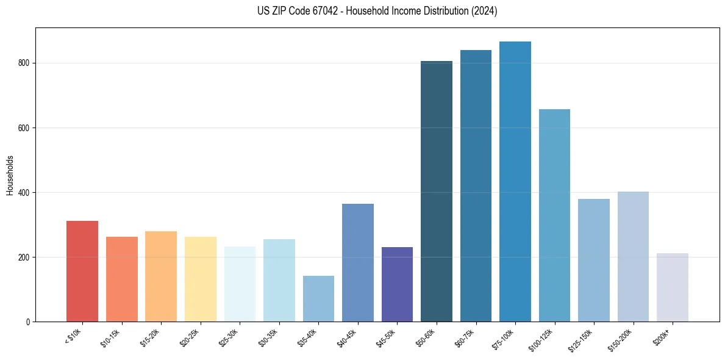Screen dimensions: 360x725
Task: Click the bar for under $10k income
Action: click(82, 271)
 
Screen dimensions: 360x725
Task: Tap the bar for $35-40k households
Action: click(318, 298)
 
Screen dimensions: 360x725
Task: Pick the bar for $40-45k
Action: click(358, 262)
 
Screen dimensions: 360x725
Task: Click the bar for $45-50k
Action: click(397, 284)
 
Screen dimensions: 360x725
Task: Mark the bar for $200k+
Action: click(673, 287)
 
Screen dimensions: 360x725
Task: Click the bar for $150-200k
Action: click(633, 256)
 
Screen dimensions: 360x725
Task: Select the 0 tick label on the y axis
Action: click(29, 322)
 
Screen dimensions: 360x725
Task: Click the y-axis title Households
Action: click(10, 175)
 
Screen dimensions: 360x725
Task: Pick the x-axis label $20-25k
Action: click(190, 336)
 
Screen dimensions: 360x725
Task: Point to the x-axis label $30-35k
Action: click(268, 336)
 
